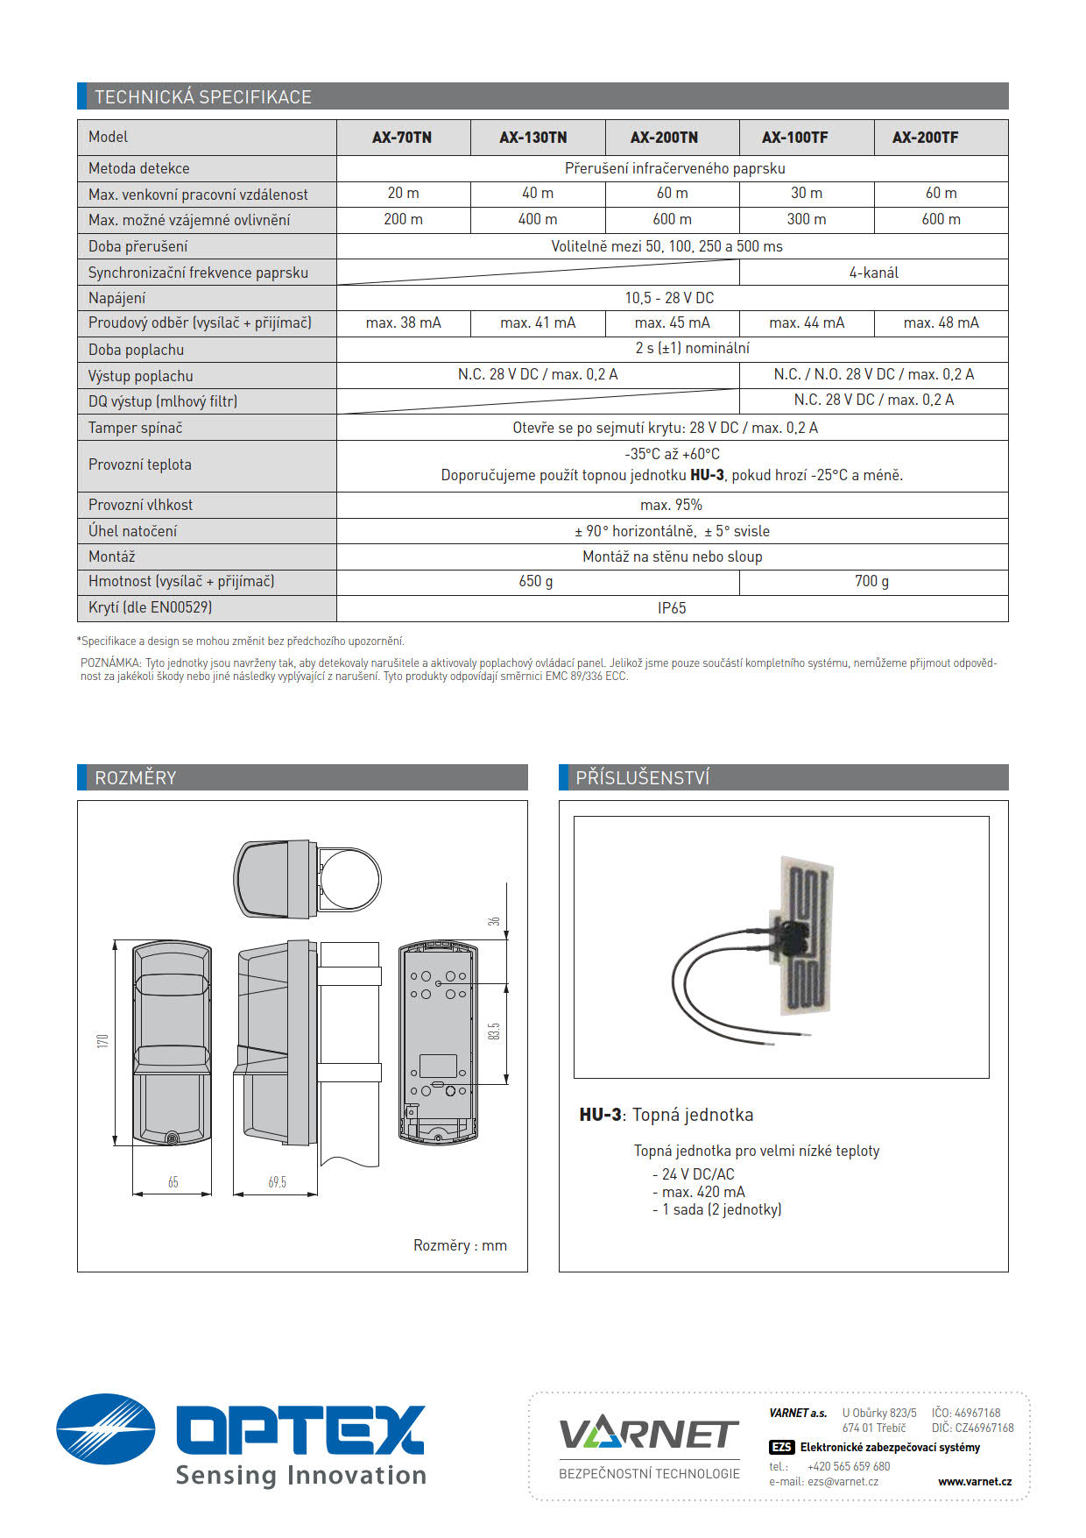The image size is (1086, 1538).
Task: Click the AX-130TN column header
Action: pyautogui.click(x=533, y=138)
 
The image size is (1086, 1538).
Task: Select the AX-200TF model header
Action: pyautogui.click(x=925, y=138)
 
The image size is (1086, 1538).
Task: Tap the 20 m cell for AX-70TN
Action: pyautogui.click(x=403, y=193)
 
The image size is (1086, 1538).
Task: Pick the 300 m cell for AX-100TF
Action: pyautogui.click(x=806, y=219)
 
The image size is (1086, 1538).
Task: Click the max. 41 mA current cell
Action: pyautogui.click(x=538, y=322)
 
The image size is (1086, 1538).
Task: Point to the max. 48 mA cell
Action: pyautogui.click(x=941, y=322)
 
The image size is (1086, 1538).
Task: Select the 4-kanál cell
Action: pyautogui.click(x=873, y=273)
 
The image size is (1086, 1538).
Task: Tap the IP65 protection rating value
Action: pyautogui.click(x=672, y=608)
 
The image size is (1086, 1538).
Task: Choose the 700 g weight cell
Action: pyautogui.click(x=871, y=581)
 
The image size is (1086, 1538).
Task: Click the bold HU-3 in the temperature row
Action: pyautogui.click(x=707, y=475)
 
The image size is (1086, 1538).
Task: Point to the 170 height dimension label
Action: pyautogui.click(x=102, y=1041)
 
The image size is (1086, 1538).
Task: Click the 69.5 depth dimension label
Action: pyautogui.click(x=277, y=1182)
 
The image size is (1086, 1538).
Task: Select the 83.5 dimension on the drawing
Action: pyautogui.click(x=494, y=1031)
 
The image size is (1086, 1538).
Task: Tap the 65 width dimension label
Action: pyautogui.click(x=173, y=1182)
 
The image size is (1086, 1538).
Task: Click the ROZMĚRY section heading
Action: pyautogui.click(x=136, y=777)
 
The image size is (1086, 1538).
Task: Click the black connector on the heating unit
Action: pyautogui.click(x=793, y=937)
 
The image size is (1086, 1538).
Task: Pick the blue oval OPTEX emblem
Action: pyautogui.click(x=106, y=1429)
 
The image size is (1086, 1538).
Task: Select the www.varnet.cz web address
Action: pyautogui.click(x=974, y=1481)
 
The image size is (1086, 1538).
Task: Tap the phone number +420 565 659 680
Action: pyautogui.click(x=848, y=1466)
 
